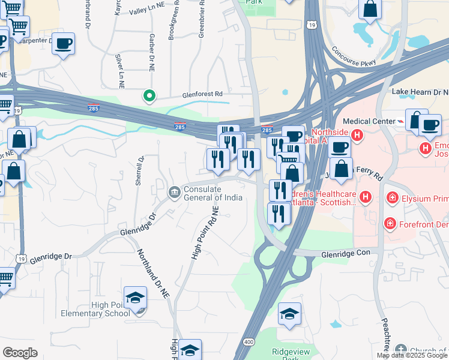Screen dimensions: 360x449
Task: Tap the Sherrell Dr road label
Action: coord(139,171)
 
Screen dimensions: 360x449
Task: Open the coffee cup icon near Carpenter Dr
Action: coord(64,43)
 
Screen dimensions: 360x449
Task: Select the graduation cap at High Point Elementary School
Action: coord(135,298)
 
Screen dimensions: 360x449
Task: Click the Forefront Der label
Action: coord(424,223)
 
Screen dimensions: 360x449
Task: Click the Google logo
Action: coord(20,353)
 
